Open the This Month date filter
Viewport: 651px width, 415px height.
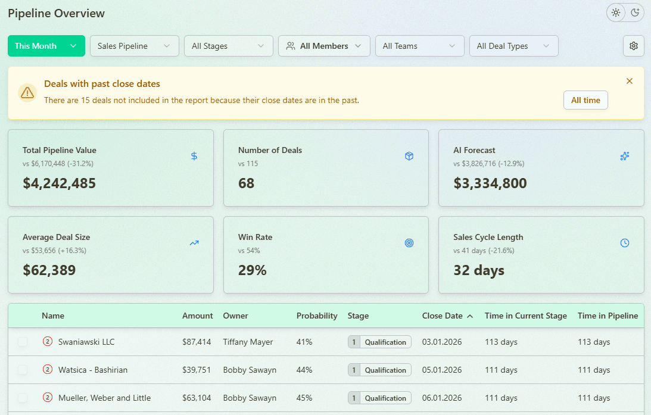tap(46, 46)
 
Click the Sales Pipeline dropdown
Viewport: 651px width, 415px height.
tap(134, 46)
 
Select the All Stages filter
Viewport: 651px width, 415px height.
tap(228, 46)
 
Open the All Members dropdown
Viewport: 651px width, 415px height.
tap(324, 46)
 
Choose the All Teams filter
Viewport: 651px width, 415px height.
tap(419, 46)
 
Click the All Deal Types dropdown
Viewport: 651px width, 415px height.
tap(513, 46)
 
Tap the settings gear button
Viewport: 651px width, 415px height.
tap(633, 46)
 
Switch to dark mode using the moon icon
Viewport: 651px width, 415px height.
tap(635, 13)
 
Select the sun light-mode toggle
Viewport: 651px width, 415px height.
tap(616, 13)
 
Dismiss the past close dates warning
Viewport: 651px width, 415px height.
tap(630, 81)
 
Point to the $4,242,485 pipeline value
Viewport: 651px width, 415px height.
tap(59, 183)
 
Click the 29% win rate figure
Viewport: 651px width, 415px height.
tap(252, 270)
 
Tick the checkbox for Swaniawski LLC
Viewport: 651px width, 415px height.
tap(23, 342)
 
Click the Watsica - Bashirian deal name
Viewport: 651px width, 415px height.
tap(92, 370)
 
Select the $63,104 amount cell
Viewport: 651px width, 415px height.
tap(197, 398)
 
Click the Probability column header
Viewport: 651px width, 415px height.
tap(317, 316)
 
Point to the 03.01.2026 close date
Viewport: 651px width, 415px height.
tap(441, 342)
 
